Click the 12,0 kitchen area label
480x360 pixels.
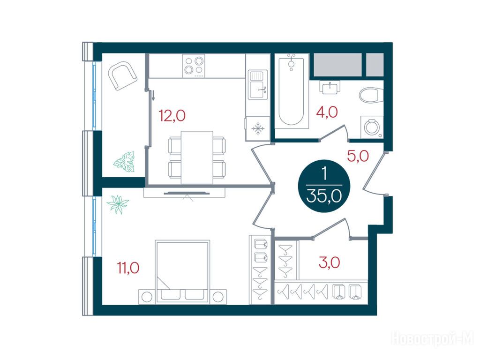coord(172,116)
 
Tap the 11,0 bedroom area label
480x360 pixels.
coord(128,268)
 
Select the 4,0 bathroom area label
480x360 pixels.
coord(327,112)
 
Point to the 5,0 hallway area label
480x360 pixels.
coord(358,156)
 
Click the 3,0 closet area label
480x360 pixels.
coord(330,262)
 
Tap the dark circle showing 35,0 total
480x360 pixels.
coord(324,186)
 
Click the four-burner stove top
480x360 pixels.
coord(194,66)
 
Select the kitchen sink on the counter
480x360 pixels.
coord(258,84)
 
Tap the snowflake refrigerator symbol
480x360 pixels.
coord(258,128)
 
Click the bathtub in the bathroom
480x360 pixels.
coord(292,91)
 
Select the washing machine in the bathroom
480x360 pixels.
coord(372,127)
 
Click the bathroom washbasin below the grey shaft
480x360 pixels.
coord(330,87)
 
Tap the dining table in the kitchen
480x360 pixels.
coord(197,157)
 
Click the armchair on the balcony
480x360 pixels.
coord(122,75)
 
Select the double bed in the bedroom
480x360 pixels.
coord(183,272)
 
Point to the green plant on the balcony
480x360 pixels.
coord(124,162)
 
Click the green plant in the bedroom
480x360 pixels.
coord(118,204)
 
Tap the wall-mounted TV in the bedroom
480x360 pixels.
coord(187,193)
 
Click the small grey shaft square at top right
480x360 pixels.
coord(375,64)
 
